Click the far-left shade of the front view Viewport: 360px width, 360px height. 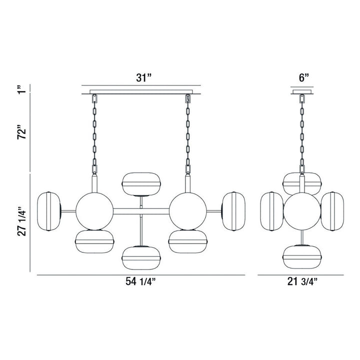[48, 210]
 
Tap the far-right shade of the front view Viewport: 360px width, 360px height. [233, 210]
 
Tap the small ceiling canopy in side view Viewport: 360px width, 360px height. [301, 91]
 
